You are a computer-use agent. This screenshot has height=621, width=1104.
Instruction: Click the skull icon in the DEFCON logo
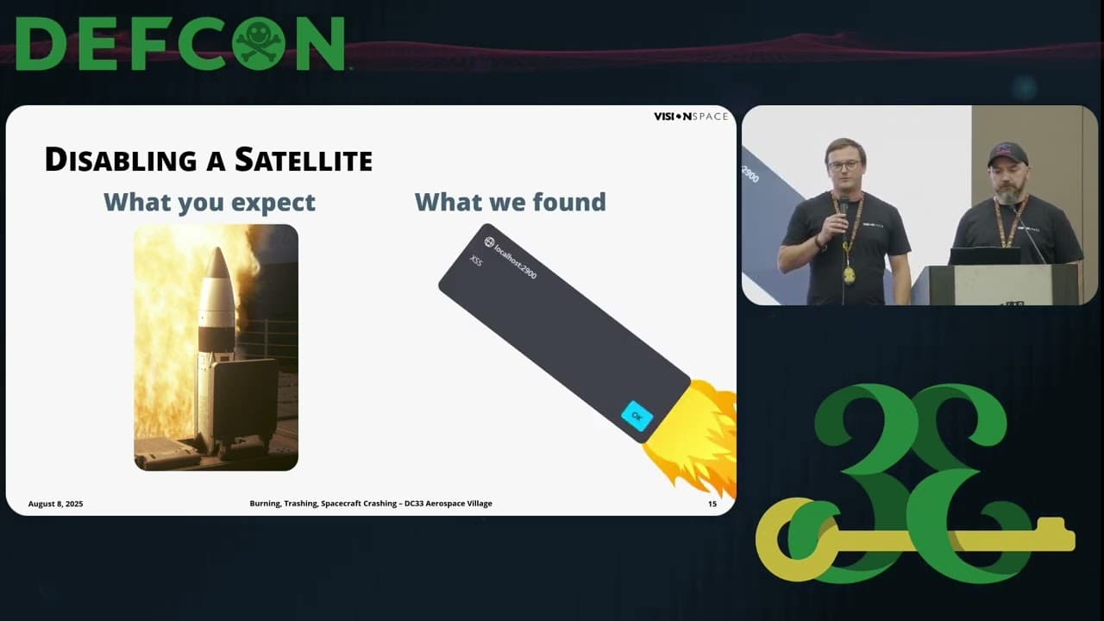point(260,44)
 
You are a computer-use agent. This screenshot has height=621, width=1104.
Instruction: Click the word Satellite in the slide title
point(304,160)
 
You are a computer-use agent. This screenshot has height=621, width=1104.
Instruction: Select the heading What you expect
point(210,202)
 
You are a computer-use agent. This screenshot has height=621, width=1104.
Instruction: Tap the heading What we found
point(510,202)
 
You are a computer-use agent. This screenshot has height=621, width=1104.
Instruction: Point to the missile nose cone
point(216,263)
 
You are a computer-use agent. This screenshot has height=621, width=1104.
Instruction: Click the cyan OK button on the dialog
point(637,416)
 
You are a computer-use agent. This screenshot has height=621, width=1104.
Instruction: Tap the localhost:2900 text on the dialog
point(515,260)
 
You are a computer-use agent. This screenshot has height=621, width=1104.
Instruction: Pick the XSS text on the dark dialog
point(476,260)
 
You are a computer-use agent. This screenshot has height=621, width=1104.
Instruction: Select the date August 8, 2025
point(55,504)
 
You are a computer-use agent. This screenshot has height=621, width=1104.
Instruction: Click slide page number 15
point(712,504)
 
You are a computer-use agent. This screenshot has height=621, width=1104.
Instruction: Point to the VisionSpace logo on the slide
point(690,116)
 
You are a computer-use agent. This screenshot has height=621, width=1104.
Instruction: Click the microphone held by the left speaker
point(844,207)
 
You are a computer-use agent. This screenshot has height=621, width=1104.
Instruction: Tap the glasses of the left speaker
point(844,165)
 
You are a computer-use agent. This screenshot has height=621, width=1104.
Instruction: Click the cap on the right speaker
point(1007,154)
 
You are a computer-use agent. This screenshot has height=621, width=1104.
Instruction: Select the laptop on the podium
point(984,256)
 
